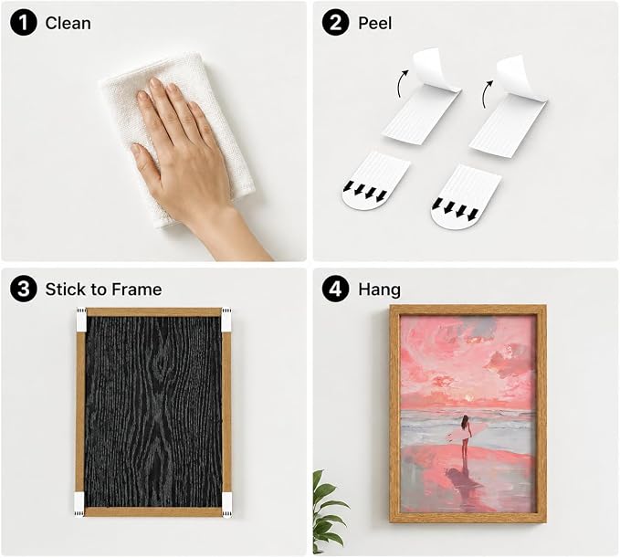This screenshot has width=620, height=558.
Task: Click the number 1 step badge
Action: click(24, 23)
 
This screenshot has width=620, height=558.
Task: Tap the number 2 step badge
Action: click(335, 23)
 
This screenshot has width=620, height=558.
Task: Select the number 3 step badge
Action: click(24, 290)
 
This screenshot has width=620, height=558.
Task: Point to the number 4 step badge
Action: click(335, 290)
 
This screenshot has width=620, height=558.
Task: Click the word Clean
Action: click(68, 24)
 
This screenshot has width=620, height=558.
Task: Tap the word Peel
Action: click(375, 24)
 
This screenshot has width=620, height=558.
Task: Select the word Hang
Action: click(379, 290)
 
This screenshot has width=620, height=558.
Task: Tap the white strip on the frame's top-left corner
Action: click(81, 320)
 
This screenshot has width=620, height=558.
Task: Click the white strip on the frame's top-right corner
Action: click(226, 320)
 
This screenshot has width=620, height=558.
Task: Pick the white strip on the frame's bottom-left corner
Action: click(79, 505)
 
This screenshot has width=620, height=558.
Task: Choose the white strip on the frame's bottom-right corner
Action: click(227, 505)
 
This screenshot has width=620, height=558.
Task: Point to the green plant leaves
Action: click(326, 511)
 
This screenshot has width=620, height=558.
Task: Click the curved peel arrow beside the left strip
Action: click(402, 83)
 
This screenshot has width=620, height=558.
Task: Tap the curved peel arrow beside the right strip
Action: click(487, 94)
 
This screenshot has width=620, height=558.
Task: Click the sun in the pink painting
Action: click(469, 398)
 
